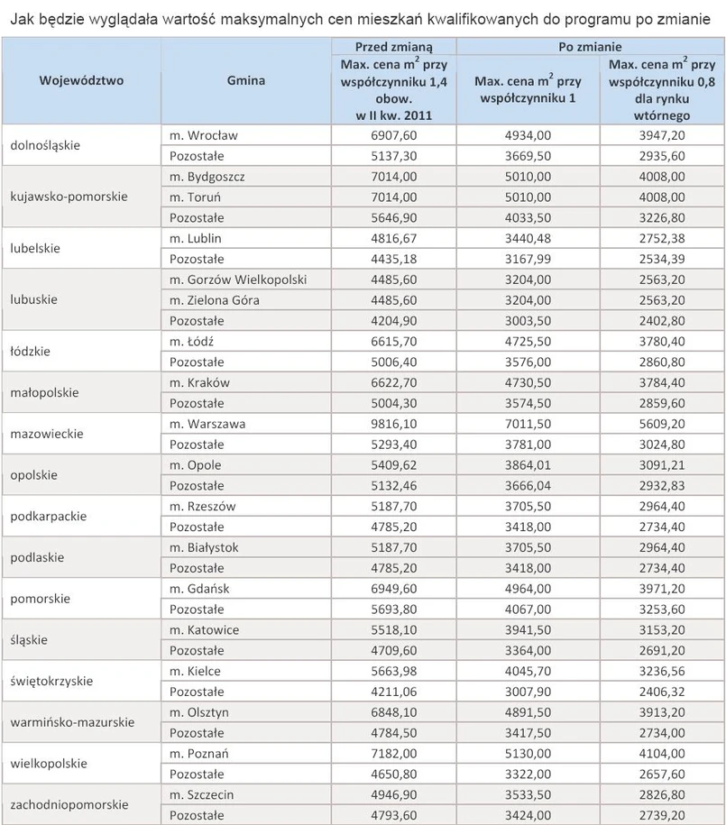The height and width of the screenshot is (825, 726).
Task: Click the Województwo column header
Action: [x=81, y=80]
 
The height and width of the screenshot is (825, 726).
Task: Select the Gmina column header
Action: [x=246, y=80]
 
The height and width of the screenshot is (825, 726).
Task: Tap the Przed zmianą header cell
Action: [x=394, y=46]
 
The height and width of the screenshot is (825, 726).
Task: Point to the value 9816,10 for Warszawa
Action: [x=394, y=424]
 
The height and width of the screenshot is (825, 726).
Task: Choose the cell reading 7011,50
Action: [x=528, y=424]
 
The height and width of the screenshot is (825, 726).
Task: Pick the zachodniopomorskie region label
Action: [x=69, y=805]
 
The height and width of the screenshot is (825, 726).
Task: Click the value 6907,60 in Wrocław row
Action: [x=394, y=135]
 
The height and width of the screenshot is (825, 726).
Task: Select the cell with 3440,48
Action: [x=528, y=238]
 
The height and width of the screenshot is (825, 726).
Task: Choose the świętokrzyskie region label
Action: [x=51, y=682]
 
